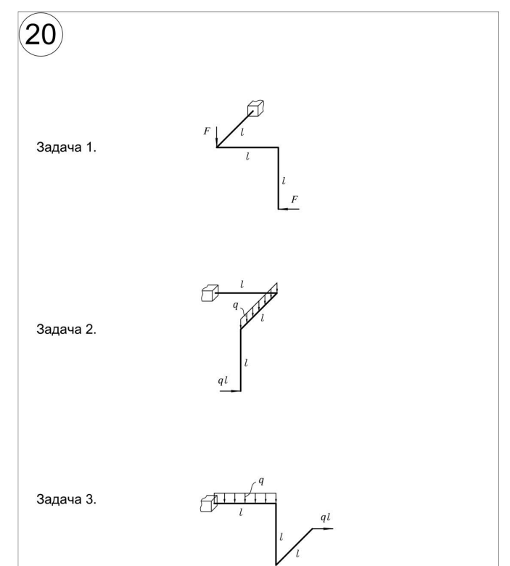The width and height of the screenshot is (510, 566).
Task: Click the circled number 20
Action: pyautogui.click(x=41, y=34)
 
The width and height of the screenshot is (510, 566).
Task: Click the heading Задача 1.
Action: pyautogui.click(x=67, y=147)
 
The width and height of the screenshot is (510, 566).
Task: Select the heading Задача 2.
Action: pyautogui.click(x=67, y=329)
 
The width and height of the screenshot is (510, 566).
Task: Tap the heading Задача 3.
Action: pyautogui.click(x=67, y=499)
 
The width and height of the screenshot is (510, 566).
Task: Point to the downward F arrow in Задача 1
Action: pyautogui.click(x=217, y=137)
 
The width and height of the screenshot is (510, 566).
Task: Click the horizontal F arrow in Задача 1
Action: pyautogui.click(x=289, y=209)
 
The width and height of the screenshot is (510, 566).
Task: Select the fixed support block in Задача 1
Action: pyautogui.click(x=256, y=108)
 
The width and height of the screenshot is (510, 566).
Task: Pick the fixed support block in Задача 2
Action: pyautogui.click(x=210, y=293)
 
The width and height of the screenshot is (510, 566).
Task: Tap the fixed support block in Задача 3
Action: pyautogui.click(x=209, y=504)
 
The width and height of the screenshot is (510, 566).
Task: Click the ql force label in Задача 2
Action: pyautogui.click(x=223, y=380)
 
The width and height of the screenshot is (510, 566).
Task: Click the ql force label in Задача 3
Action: pyautogui.click(x=326, y=517)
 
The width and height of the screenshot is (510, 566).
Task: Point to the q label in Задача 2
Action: pyautogui.click(x=236, y=305)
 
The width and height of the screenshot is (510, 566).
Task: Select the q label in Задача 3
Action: pyautogui.click(x=261, y=481)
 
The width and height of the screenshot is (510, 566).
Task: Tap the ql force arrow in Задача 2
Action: pyautogui.click(x=230, y=390)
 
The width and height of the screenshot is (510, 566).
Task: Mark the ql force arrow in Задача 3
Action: pyautogui.click(x=323, y=529)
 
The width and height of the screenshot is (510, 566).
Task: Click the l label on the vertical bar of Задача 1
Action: pyautogui.click(x=284, y=181)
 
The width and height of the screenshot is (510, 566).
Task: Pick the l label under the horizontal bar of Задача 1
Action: pyautogui.click(x=247, y=156)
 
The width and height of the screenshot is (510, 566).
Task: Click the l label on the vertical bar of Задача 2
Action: pyautogui.click(x=246, y=363)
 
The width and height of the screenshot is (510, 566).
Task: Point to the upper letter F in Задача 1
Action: pyautogui.click(x=207, y=131)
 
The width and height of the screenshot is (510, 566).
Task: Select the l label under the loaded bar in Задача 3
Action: pyautogui.click(x=241, y=512)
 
